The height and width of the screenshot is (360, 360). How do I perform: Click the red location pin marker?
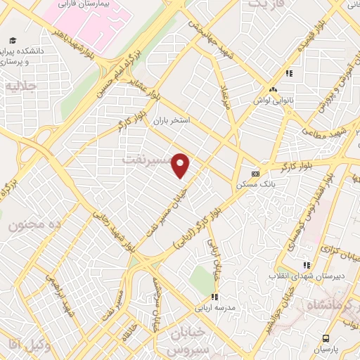click(x=181, y=165)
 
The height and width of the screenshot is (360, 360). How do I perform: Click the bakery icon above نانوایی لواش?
click(x=273, y=89)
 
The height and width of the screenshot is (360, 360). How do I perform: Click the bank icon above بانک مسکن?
click(x=255, y=174)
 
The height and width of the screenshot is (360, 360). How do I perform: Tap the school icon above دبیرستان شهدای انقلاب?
click(x=306, y=265)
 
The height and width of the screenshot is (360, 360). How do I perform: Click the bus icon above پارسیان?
click(x=326, y=338)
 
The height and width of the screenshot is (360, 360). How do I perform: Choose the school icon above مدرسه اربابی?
click(x=215, y=297)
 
